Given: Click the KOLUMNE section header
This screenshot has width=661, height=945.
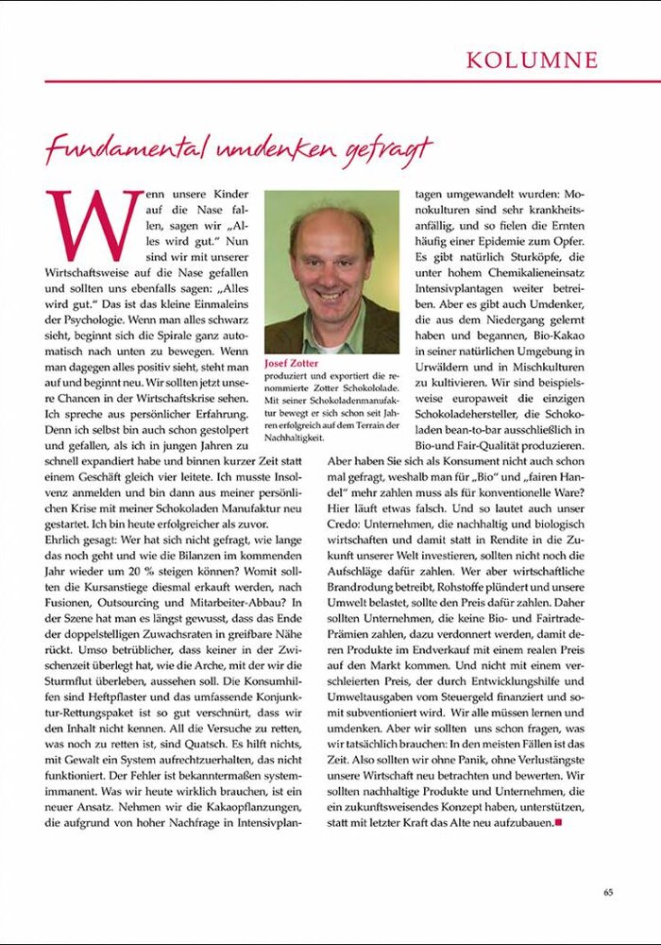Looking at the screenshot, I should click(x=532, y=60).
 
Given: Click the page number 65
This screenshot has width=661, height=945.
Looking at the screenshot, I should click(x=609, y=891).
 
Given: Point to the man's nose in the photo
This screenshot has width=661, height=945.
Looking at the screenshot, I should click(x=330, y=267).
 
